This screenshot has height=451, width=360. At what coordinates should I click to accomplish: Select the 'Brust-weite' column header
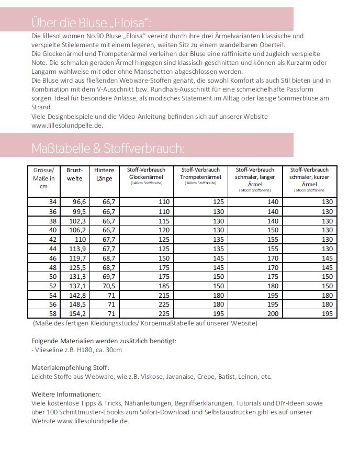coord(75,174)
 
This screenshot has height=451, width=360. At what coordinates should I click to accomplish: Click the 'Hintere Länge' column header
coord(104,174)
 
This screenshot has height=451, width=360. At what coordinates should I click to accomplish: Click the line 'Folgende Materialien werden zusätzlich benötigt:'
coord(104,341)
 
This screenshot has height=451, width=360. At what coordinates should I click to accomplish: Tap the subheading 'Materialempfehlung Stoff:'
coord(70,368)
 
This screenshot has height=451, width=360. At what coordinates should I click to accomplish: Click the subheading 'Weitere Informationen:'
coord(65,394)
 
